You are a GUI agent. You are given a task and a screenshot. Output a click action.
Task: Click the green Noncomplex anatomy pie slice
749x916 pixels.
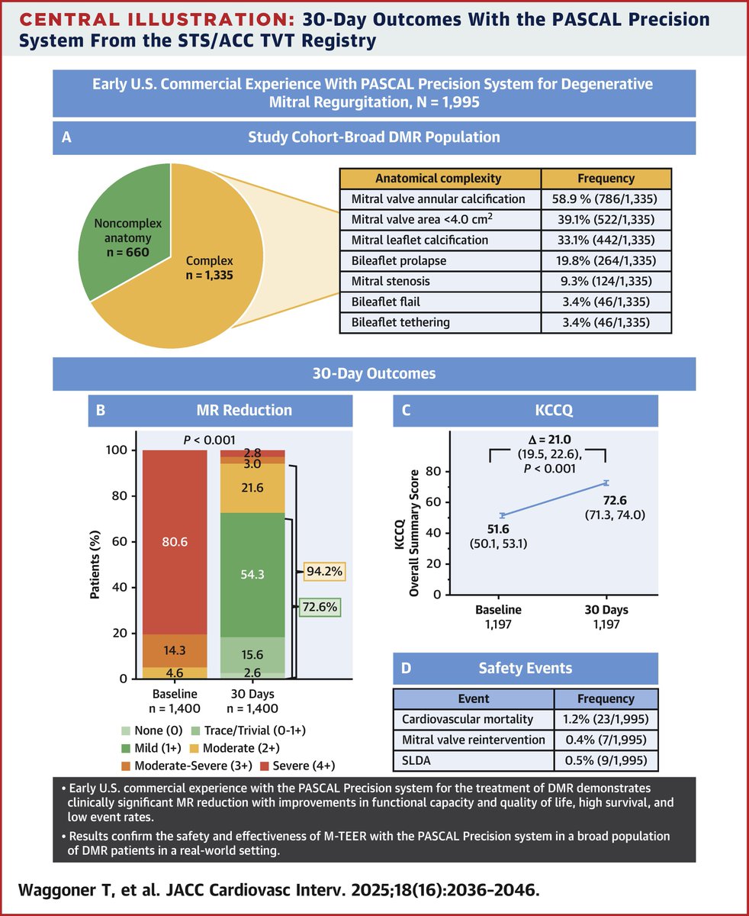tap(118, 229)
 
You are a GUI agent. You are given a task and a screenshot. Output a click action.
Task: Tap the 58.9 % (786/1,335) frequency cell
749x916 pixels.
tap(606, 199)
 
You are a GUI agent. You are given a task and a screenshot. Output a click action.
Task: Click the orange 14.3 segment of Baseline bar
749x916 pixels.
tap(175, 651)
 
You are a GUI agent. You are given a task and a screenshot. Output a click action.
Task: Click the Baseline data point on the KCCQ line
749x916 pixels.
tap(503, 516)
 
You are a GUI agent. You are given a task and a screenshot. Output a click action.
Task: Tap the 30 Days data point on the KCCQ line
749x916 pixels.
tap(606, 482)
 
